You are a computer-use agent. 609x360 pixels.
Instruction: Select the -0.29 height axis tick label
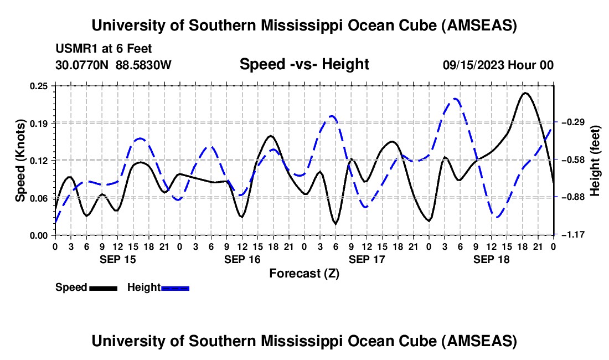coord(572,122)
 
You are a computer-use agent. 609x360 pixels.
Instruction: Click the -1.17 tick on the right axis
coord(572,235)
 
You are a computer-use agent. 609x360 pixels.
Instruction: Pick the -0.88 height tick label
coord(572,197)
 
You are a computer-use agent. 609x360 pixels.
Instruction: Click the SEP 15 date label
coord(118,259)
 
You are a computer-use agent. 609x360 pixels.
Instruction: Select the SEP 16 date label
coord(242,259)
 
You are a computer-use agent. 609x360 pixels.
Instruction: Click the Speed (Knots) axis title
coord(20,160)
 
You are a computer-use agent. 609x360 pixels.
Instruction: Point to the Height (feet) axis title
coord(595,160)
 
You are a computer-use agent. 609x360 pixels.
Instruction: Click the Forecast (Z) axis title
coord(304,273)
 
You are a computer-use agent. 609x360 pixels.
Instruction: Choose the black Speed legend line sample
coord(103,287)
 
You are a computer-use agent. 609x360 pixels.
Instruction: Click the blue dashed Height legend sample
coord(175,287)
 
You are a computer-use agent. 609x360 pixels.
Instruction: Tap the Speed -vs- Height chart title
coord(304,64)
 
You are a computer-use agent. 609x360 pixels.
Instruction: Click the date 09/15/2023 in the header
coord(471,65)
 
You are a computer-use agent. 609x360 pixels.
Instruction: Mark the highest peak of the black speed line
coord(525,92)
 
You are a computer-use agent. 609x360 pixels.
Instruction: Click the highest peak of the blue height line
coord(455,99)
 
